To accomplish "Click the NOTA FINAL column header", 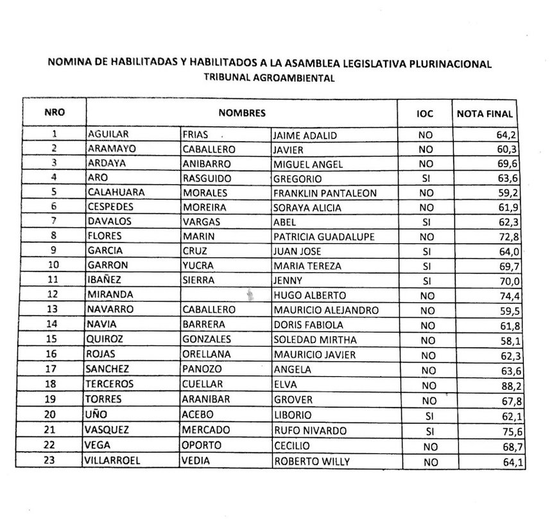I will click(x=485, y=114).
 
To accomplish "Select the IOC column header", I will click(x=424, y=114).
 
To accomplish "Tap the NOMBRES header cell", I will click(x=242, y=113).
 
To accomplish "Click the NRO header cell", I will click(x=55, y=111).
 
